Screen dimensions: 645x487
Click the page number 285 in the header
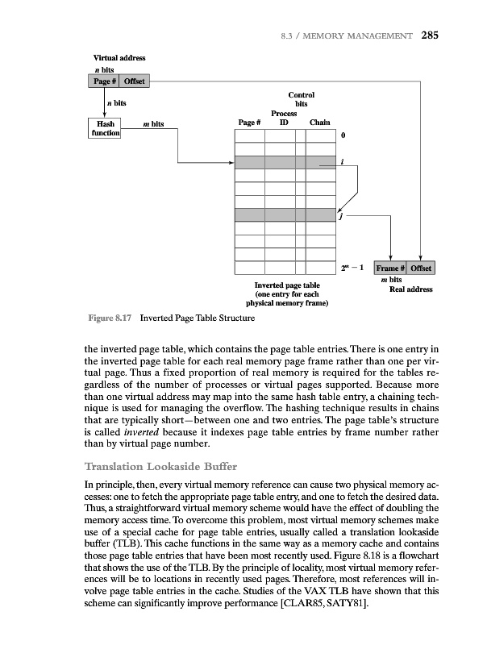[x=429, y=35]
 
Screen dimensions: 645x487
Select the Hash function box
[x=104, y=128]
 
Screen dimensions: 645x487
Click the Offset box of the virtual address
[x=134, y=80]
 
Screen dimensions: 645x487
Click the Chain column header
[x=320, y=123]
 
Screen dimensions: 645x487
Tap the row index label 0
[x=343, y=136]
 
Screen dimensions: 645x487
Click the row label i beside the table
[x=343, y=163]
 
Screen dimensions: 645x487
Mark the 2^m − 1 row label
[x=356, y=267]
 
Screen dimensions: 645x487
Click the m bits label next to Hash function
[x=153, y=124]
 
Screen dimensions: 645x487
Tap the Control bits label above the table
[x=300, y=99]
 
